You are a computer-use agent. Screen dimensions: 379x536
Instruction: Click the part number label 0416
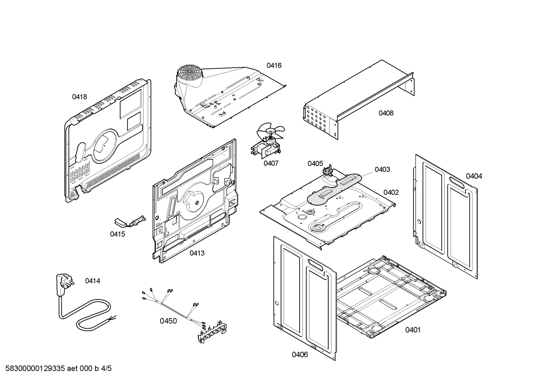click(x=274, y=65)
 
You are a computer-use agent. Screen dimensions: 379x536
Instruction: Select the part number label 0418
click(x=79, y=97)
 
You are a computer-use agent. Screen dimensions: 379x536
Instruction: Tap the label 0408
click(x=386, y=113)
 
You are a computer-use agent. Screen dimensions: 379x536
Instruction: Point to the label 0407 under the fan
click(x=271, y=163)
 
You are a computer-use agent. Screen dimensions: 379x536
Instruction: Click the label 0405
click(x=315, y=164)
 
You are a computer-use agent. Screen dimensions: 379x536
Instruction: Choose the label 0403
click(x=382, y=170)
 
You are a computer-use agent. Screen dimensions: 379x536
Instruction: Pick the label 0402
click(x=391, y=192)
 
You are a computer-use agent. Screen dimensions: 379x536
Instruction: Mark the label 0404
click(x=474, y=176)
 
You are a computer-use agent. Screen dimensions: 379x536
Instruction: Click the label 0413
click(x=197, y=253)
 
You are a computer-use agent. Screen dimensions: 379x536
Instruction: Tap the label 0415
click(x=117, y=234)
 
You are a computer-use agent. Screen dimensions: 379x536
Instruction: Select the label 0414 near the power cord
click(x=93, y=281)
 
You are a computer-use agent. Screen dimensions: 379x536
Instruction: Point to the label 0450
click(x=168, y=321)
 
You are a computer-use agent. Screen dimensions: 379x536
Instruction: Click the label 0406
click(x=300, y=355)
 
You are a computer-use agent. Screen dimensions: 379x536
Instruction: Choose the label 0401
click(x=413, y=330)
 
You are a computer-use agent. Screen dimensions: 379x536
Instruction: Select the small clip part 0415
click(x=128, y=222)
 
